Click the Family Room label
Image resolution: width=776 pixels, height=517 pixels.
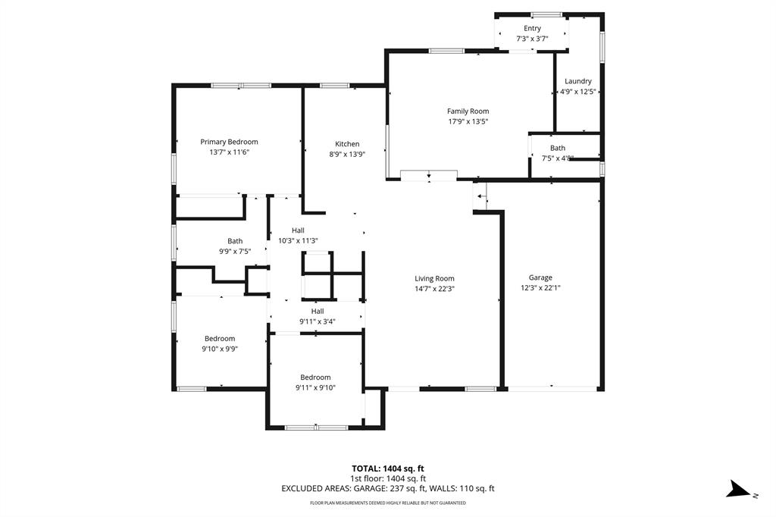point(468,111)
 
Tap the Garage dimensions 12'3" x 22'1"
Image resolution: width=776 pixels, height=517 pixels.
point(540,288)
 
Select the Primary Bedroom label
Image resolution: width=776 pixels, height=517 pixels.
point(229,142)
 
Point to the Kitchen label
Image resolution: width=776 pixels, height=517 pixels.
point(347,144)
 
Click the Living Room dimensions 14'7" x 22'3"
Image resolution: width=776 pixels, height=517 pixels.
point(434,289)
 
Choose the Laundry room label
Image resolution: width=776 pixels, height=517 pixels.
point(578,81)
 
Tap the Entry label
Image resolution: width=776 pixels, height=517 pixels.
point(532,29)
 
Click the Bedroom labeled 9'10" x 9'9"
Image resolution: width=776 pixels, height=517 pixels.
point(219,339)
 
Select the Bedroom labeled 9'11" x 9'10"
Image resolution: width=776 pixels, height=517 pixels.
point(315,378)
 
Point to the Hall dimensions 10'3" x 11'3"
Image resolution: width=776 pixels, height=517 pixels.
point(298,241)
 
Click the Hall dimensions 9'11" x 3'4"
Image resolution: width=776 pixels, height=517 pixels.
point(318,321)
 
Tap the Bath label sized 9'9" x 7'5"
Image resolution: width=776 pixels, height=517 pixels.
point(235,241)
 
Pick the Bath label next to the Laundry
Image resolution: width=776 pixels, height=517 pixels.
point(558,148)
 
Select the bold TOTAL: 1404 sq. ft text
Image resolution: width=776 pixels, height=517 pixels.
point(387,468)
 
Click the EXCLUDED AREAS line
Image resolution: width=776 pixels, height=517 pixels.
point(387,489)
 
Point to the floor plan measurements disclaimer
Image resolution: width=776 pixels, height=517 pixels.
point(387,503)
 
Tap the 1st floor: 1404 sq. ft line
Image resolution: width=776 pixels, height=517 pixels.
point(387,478)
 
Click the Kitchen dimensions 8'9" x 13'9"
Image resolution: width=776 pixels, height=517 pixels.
point(347,154)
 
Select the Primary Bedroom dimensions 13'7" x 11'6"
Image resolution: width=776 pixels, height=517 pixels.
point(229,152)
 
